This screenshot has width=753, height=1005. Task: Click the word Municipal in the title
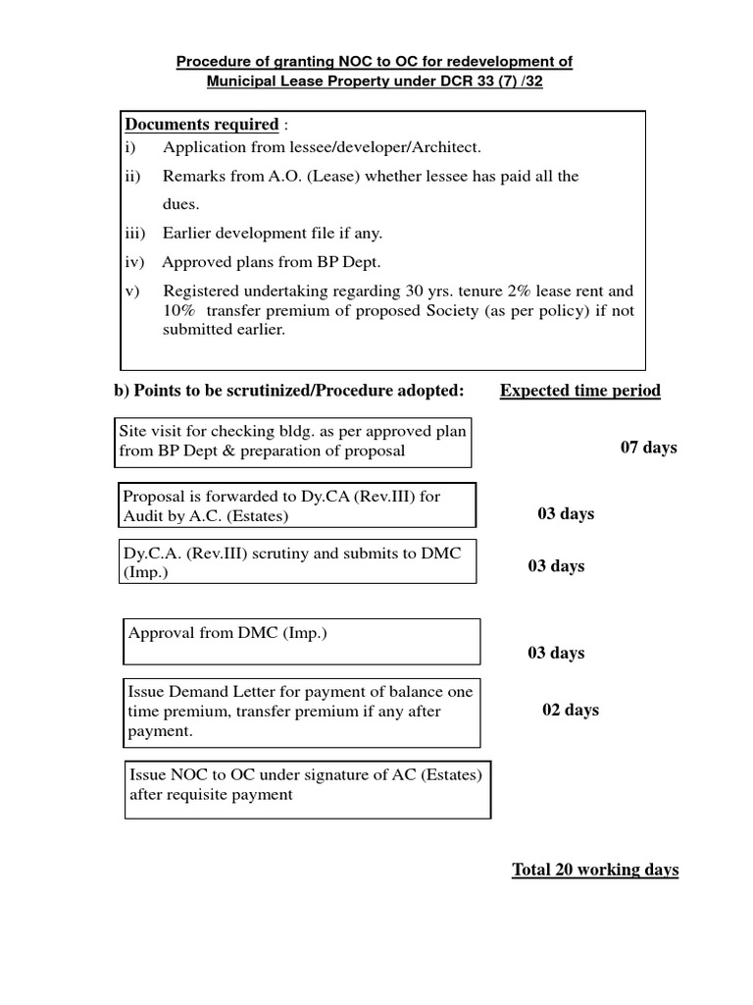click(240, 82)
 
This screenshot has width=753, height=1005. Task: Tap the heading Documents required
click(201, 125)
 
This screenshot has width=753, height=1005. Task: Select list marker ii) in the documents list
click(132, 177)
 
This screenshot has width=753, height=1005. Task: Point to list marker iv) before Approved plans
click(134, 262)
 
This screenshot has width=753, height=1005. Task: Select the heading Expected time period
click(579, 391)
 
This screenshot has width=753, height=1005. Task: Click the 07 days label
click(648, 448)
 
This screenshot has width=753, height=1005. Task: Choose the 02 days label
click(570, 711)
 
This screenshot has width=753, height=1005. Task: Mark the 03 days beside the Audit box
click(566, 514)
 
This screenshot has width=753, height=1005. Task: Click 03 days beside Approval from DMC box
click(556, 654)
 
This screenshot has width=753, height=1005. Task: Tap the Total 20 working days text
click(595, 871)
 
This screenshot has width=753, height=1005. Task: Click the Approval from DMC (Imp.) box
click(302, 641)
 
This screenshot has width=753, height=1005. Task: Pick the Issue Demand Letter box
click(300, 713)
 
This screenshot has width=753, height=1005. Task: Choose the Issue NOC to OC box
click(308, 789)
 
